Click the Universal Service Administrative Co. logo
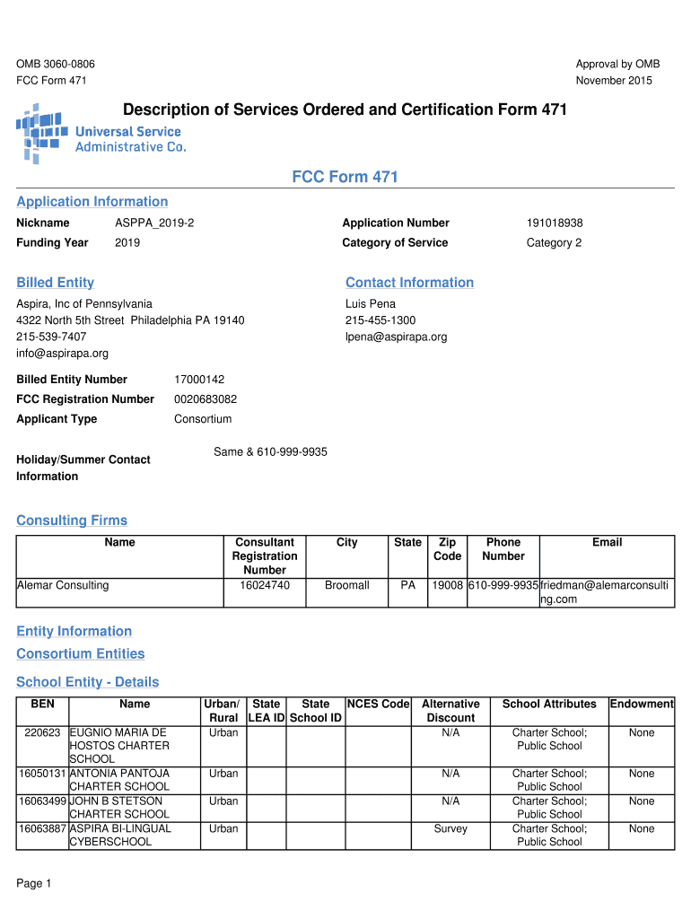pos(101,133)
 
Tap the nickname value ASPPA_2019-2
pos(154,223)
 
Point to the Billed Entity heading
pos(55,283)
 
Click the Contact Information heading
pos(409,283)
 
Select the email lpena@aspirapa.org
pos(396,337)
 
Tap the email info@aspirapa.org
pos(62,354)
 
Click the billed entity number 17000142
pos(199,380)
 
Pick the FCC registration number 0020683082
pos(206,399)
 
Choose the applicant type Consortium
pos(203,419)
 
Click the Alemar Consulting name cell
pos(63,586)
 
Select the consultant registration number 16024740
pos(265,586)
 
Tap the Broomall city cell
pos(347,586)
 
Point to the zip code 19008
pos(447,586)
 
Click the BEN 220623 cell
pos(42,733)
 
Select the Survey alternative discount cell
pos(450,829)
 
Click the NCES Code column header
pos(379,705)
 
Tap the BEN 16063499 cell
pos(42,801)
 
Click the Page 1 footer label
pos(34,884)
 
